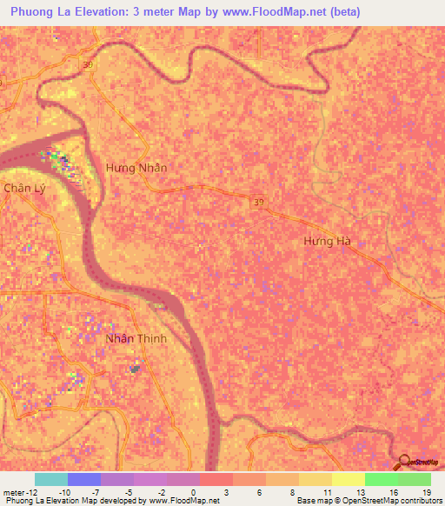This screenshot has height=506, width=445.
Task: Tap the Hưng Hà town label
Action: click(331, 241)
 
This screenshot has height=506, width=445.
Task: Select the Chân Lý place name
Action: click(23, 188)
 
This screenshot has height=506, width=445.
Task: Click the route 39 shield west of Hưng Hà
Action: click(260, 202)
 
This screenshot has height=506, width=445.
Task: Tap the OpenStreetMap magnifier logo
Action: click(405, 462)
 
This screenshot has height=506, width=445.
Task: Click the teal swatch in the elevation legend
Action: click(51, 479)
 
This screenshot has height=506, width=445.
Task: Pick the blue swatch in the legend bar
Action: click(84, 479)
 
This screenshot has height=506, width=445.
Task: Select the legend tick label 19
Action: click(426, 491)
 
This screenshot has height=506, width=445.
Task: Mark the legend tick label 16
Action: click(393, 491)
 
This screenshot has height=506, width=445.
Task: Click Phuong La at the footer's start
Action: click(25, 501)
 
